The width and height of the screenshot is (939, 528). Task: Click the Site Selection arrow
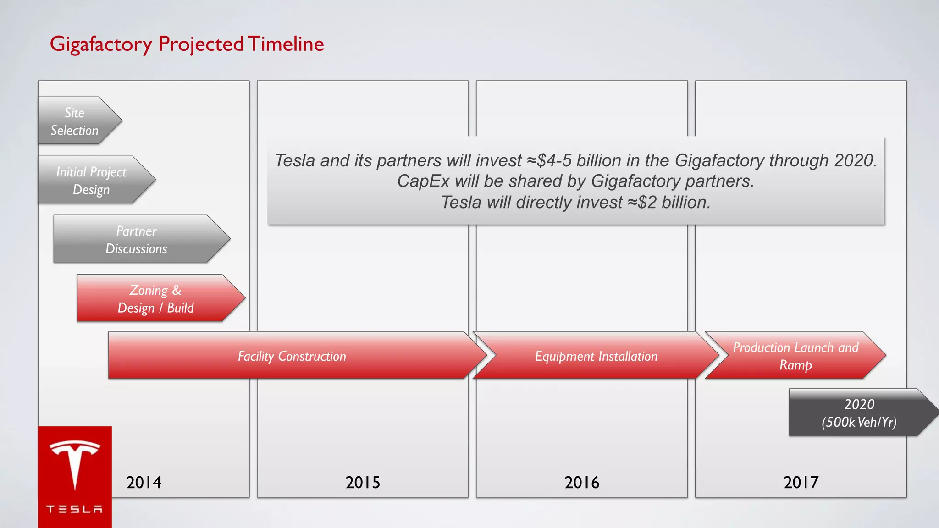[x=76, y=121]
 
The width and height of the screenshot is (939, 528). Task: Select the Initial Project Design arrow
[x=92, y=180]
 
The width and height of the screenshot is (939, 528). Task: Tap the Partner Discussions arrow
[x=137, y=239]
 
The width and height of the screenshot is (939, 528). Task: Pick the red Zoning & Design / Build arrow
[x=156, y=298]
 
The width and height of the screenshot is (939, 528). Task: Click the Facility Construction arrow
[x=292, y=356]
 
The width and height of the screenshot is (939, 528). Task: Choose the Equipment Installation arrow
[x=596, y=356]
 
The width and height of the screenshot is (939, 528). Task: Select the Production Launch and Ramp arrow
[x=795, y=356]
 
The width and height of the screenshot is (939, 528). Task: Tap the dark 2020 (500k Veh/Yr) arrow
[x=859, y=413]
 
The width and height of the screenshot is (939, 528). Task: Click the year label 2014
[x=144, y=483]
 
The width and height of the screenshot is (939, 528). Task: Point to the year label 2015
[x=363, y=483]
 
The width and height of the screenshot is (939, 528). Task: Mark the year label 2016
[x=582, y=483]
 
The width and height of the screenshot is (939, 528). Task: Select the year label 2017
[x=801, y=483]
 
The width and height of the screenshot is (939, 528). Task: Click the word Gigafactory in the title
[x=101, y=44]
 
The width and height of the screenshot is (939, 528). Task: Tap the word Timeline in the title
[x=286, y=44]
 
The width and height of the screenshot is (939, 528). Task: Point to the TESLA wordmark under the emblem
[x=75, y=509]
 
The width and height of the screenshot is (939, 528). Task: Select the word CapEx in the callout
[x=423, y=181]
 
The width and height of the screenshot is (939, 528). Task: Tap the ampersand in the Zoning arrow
[x=177, y=290]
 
